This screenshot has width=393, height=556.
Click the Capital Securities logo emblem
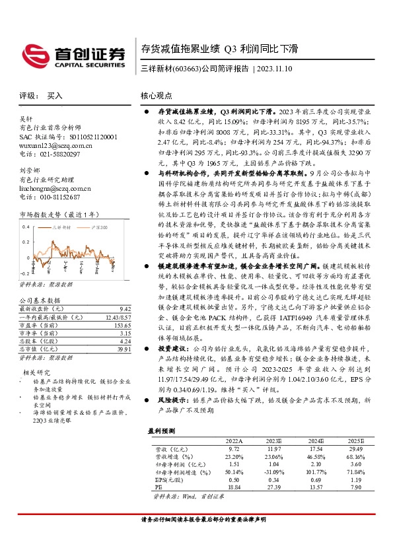[33, 53]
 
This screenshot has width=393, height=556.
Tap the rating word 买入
[55, 96]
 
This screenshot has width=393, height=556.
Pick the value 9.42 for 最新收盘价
[124, 308]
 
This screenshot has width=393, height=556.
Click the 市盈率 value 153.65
[122, 325]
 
